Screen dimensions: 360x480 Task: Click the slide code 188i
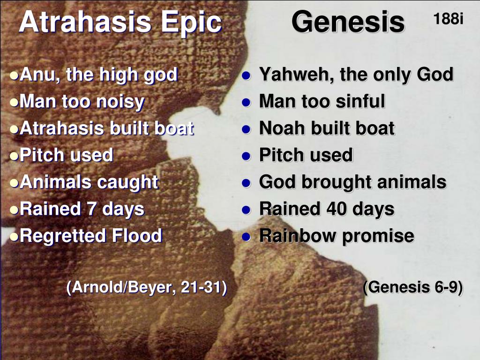point(448,19)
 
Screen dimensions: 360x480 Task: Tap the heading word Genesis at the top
point(348,22)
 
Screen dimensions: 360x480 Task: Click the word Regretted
point(63,235)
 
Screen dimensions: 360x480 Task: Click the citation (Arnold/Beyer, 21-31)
point(147,287)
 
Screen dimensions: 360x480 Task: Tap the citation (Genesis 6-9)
point(413,287)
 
